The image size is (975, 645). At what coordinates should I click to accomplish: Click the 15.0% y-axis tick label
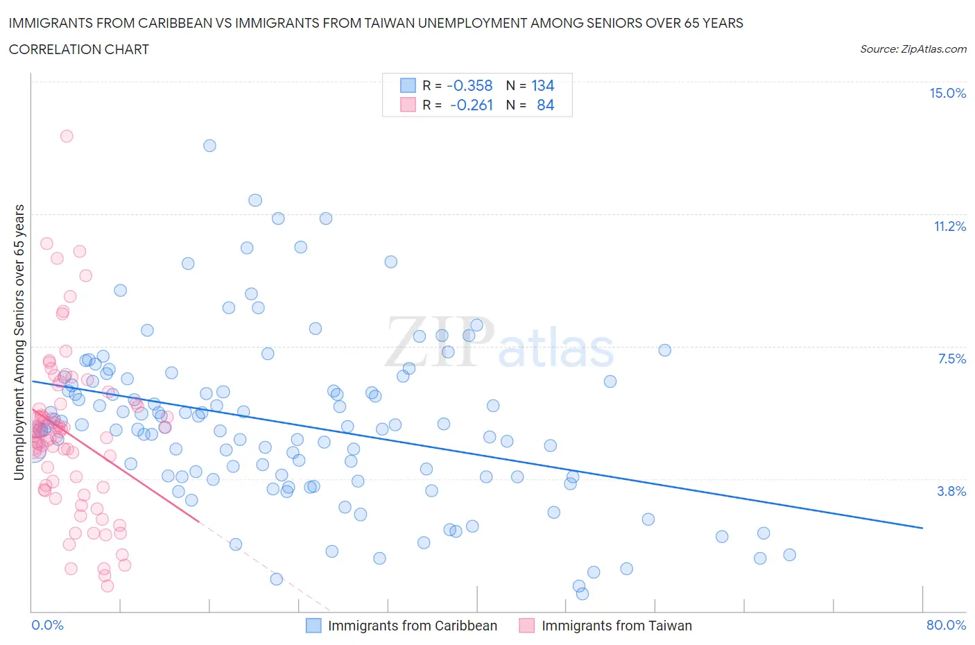pos(947,94)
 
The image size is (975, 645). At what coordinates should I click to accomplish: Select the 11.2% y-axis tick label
pos(949,226)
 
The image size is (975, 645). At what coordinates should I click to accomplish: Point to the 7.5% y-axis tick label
pos(951,359)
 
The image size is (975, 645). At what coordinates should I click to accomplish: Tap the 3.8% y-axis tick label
pos(951,491)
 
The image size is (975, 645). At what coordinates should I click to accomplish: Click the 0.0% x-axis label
pos(47,625)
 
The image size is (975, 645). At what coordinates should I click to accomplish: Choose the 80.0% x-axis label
pos(946,625)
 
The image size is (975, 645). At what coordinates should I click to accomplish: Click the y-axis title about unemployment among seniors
pos(19,342)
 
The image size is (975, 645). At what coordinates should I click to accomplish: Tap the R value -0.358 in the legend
pos(469,85)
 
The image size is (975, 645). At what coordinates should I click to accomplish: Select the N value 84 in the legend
pos(545,105)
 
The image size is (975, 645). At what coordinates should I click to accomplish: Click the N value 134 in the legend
pos(542,85)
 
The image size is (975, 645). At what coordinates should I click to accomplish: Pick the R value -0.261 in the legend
pos(471,105)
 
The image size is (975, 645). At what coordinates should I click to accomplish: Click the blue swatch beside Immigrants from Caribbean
pos(313,626)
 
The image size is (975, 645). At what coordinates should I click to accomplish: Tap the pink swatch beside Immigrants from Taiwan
pos(527,626)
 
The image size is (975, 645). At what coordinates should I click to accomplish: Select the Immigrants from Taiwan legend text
pos(616,626)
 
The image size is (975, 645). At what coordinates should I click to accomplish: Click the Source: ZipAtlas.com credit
pos(913,49)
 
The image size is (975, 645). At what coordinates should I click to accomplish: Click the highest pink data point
pos(67,136)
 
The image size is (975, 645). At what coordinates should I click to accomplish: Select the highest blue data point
pos(209,146)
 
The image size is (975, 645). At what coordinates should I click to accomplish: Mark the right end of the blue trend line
pos(922,528)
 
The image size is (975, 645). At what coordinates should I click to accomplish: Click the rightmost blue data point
pos(789,555)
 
